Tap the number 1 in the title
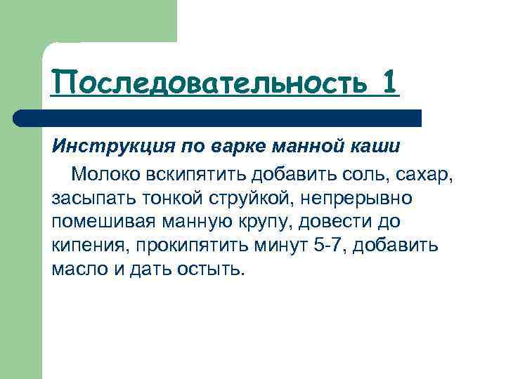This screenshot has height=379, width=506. [390, 82]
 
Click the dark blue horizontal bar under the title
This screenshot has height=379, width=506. [218, 117]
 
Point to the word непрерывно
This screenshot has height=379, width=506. [366, 197]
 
